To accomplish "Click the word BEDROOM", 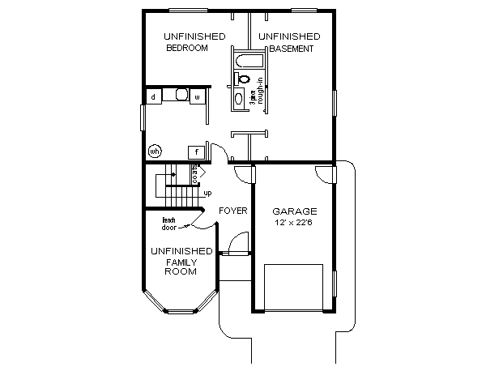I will [186, 49].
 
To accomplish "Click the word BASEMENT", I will [290, 49].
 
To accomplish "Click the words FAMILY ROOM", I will [181, 267].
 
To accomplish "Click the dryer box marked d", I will [153, 97].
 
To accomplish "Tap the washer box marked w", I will [196, 97].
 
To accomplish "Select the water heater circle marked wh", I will [154, 151].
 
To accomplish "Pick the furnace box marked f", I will [196, 151].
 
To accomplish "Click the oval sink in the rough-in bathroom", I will [238, 99].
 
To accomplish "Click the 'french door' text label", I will [169, 224].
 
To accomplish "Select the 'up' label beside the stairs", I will [207, 193].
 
